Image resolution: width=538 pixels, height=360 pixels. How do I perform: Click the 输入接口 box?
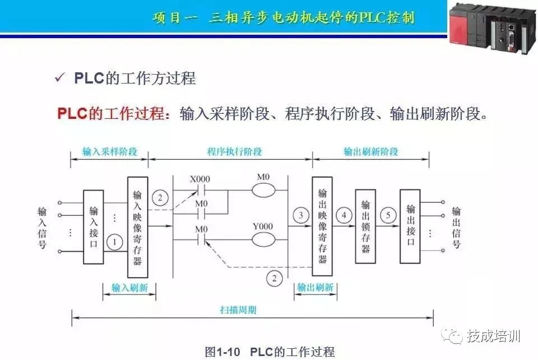[93, 227]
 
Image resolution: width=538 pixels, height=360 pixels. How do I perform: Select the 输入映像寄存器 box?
[138, 227]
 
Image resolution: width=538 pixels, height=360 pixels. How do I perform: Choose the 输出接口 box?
[410, 226]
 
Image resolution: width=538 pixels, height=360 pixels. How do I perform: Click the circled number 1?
[115, 242]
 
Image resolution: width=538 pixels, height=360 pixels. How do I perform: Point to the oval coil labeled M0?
[263, 191]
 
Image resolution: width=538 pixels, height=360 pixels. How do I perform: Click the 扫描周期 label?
[238, 310]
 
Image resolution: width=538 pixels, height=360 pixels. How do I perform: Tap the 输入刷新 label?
[129, 288]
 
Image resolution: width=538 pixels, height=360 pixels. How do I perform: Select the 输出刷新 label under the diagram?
[314, 288]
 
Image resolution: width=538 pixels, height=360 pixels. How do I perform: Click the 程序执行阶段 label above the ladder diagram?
[234, 151]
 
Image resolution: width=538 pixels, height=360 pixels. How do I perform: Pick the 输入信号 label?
[42, 228]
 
